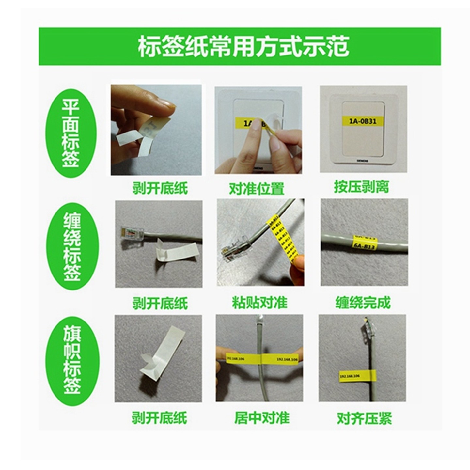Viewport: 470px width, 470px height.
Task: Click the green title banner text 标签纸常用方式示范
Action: click(243, 46)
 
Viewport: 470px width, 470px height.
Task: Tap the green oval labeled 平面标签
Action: click(71, 133)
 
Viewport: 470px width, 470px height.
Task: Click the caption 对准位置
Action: click(257, 188)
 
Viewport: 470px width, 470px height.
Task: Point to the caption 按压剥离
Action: click(361, 187)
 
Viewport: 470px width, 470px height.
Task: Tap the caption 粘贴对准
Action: click(260, 302)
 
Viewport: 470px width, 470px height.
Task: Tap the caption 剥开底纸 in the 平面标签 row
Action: click(160, 188)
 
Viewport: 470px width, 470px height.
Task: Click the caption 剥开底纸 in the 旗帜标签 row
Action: click(159, 417)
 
